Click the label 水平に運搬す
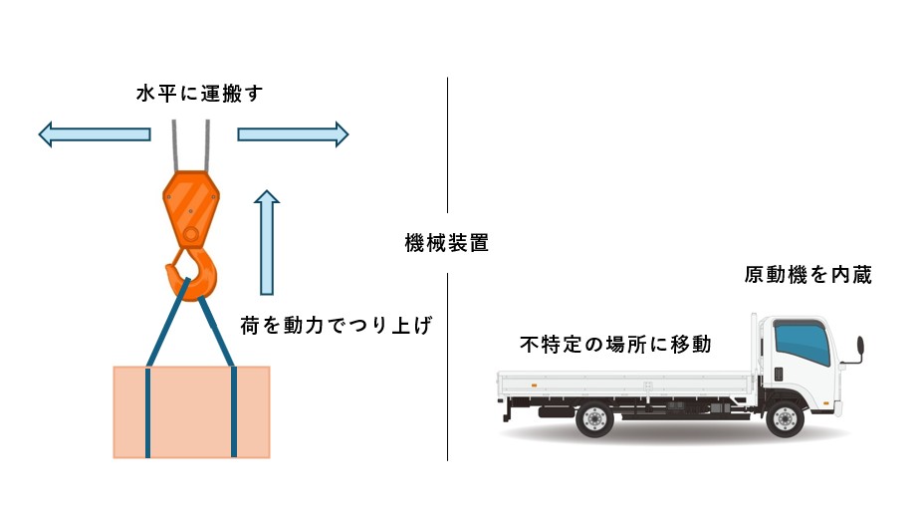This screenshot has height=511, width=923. (x=199, y=94)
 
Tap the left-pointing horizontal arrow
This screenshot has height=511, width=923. (x=95, y=134)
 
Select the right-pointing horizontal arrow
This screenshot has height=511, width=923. (x=293, y=134)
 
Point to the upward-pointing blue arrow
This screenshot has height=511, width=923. (x=267, y=242)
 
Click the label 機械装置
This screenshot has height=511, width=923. (x=447, y=242)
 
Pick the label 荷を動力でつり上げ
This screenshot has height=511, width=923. (x=337, y=325)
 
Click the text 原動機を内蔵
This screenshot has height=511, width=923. (x=808, y=275)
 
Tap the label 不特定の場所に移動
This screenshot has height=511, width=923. (x=615, y=344)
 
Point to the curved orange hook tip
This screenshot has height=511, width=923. (x=171, y=272)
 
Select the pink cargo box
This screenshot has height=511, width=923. (x=191, y=412)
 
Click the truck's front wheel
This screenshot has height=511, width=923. (x=786, y=419)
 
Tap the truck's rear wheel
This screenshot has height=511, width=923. (x=594, y=419)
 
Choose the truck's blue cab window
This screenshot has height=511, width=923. (x=803, y=342)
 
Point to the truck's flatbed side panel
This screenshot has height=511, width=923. (x=626, y=383)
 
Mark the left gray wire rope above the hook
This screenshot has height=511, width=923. (x=174, y=146)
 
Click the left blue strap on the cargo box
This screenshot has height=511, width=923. (x=147, y=412)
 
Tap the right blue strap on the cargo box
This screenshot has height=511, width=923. (x=234, y=412)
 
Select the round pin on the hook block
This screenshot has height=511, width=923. (x=190, y=234)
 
